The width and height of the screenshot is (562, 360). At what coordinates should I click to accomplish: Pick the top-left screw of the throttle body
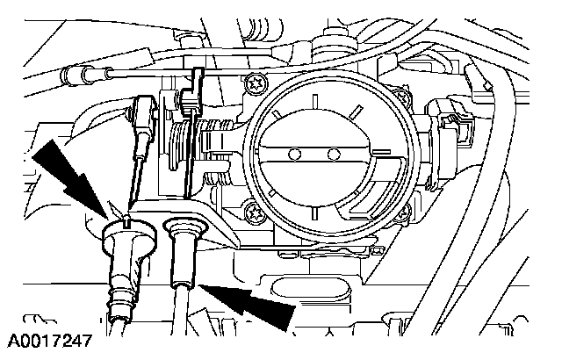click(x=257, y=85)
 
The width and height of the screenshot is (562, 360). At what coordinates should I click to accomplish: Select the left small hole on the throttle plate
click(x=296, y=155)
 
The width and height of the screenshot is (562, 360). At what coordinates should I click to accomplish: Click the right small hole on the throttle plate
click(x=333, y=155)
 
